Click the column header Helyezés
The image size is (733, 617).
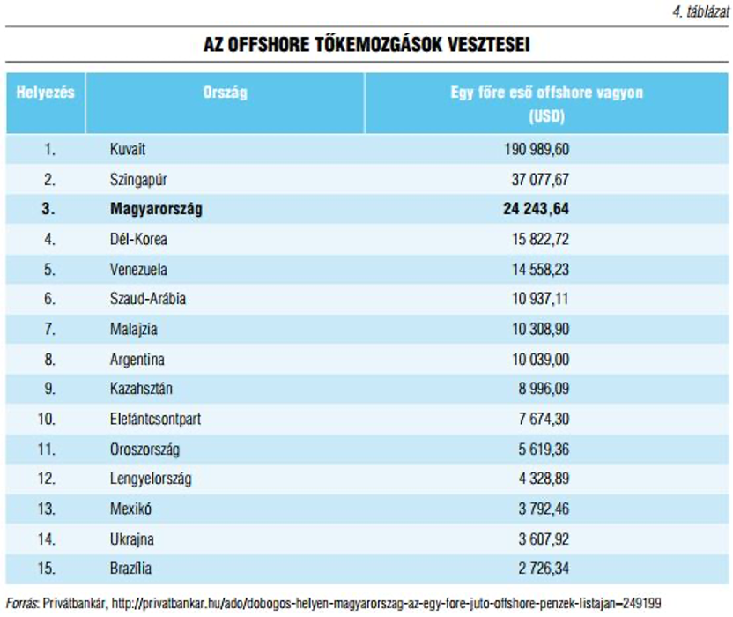point(45,93)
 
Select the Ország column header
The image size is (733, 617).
point(225,93)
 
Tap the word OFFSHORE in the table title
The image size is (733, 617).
point(269,45)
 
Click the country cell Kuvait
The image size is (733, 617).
point(128,149)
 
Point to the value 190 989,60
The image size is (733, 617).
point(537,149)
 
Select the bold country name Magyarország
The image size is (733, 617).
point(156,209)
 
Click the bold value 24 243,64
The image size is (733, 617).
point(537,209)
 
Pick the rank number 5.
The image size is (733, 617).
point(49,270)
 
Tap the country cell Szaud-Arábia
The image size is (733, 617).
point(148,299)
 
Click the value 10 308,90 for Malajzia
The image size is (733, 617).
point(540,329)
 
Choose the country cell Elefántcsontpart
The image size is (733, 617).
point(155,419)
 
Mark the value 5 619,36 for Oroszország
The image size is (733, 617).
point(544,449)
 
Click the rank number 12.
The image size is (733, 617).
point(47,479)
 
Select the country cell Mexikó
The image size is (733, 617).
point(130,509)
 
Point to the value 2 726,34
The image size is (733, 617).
point(544,569)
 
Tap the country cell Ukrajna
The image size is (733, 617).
point(132,539)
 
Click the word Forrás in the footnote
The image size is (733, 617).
point(21,604)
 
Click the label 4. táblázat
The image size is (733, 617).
point(700,11)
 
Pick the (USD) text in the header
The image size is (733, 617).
point(546,116)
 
